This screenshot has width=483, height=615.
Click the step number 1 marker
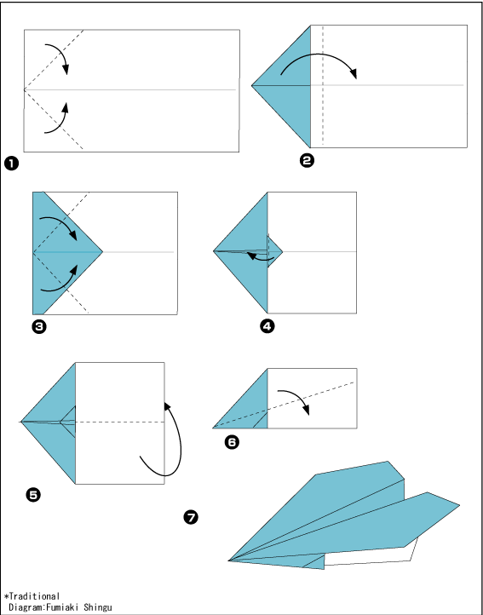(x=11, y=164)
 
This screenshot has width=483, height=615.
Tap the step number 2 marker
(x=307, y=161)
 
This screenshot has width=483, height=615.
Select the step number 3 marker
(x=39, y=327)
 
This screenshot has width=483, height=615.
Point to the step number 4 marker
(x=267, y=326)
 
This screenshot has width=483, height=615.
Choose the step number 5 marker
(x=33, y=496)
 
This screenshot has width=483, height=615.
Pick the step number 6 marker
(x=232, y=443)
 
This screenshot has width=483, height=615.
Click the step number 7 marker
(x=191, y=517)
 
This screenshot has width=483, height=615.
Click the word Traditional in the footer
(x=34, y=596)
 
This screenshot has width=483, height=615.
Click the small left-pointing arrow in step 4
(x=260, y=258)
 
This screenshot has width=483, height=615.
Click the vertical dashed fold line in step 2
(x=323, y=84)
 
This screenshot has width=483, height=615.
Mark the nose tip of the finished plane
(x=229, y=560)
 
